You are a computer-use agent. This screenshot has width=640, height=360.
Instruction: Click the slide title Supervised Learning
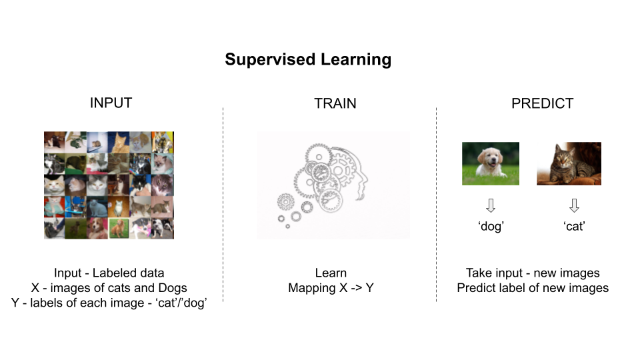(307, 59)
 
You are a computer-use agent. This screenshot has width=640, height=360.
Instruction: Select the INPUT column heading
(111, 103)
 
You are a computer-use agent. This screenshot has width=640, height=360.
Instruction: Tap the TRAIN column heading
(335, 103)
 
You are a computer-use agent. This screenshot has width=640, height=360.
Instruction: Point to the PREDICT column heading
(542, 103)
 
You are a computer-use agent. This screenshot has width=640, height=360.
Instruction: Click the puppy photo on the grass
(491, 163)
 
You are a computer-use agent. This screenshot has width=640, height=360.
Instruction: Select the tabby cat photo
(569, 163)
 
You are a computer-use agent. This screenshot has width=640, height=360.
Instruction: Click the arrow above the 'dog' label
(491, 205)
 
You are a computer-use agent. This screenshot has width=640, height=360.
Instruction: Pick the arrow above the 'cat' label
(574, 205)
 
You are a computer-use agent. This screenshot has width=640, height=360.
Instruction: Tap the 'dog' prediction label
(491, 226)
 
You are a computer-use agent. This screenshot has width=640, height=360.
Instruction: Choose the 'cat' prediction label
(574, 226)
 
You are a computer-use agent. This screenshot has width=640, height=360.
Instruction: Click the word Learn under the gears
(331, 273)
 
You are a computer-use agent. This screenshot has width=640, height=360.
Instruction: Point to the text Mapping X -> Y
(331, 288)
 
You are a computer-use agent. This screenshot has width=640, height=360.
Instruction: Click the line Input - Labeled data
(109, 273)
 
